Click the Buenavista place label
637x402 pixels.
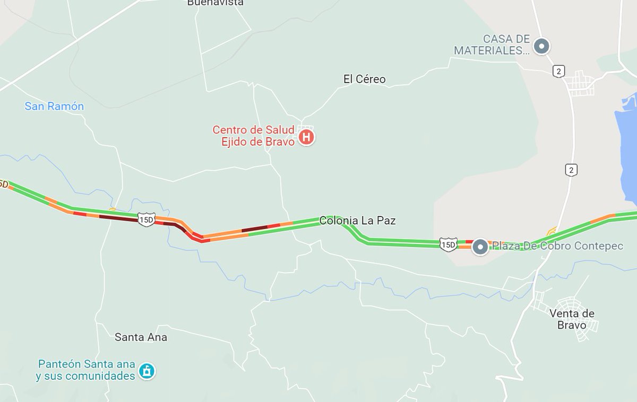216,3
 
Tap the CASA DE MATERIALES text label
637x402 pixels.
492,45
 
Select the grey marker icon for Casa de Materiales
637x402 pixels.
541,46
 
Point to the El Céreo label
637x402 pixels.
364,80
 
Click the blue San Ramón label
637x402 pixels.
54,106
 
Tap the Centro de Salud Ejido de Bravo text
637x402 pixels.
253,135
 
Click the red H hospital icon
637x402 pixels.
306,137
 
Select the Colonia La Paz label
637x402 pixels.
357,221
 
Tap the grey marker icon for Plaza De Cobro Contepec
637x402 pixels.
480,247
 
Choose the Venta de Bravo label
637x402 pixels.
572,319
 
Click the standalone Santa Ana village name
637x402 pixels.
141,337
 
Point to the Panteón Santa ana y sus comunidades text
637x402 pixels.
86,370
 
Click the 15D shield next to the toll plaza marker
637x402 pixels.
447,244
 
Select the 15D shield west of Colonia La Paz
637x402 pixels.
145,219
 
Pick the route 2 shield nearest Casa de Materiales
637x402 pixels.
558,71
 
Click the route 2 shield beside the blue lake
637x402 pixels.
571,170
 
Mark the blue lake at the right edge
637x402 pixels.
626,143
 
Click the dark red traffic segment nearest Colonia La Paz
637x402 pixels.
254,229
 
